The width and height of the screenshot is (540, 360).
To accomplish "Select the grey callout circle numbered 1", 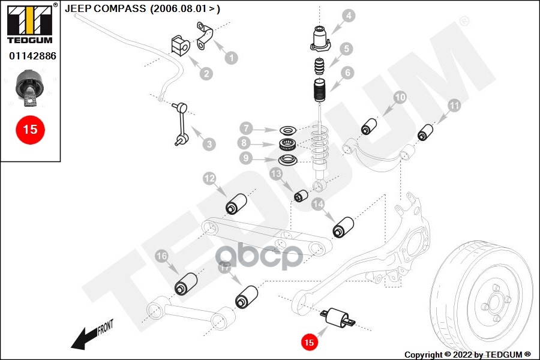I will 230,58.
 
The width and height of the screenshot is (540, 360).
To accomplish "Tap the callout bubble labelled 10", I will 400,97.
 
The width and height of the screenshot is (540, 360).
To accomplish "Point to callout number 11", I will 454,106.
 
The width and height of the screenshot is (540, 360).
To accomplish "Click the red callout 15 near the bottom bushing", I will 308,343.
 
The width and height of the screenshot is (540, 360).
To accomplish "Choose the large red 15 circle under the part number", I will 30,129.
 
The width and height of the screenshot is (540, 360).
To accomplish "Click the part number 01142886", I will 32,56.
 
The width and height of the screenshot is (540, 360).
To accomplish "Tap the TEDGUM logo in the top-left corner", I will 29,23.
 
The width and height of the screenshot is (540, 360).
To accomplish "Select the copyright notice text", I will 467,355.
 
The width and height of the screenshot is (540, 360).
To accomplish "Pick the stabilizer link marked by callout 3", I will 181,124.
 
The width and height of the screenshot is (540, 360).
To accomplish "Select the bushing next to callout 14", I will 344,227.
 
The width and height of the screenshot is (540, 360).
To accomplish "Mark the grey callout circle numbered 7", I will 245,128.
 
